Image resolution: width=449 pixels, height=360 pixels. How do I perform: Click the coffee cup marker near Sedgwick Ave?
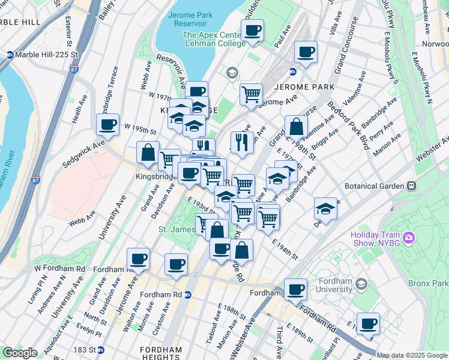click(107, 125)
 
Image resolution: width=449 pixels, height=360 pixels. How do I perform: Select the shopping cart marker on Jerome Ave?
click(251, 94)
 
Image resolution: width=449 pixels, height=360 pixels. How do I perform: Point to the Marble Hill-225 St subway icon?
click(10, 55)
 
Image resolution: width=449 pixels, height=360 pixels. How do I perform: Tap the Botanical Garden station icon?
click(411, 186)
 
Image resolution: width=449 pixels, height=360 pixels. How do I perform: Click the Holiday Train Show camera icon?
click(409, 238)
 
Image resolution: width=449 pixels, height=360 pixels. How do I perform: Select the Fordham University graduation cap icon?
click(361, 283)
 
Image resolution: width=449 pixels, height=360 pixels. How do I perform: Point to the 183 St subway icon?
click(101, 350)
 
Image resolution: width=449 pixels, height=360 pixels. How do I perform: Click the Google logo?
click(19, 353)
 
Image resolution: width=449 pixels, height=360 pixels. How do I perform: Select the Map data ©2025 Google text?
click(412, 355)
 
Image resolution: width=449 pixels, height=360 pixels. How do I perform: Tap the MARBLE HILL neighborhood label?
click(20, 22)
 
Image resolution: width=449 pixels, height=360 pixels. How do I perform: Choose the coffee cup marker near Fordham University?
click(295, 289)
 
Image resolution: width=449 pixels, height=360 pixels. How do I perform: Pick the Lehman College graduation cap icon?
click(232, 73)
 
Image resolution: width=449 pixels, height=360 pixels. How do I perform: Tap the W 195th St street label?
click(140, 131)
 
